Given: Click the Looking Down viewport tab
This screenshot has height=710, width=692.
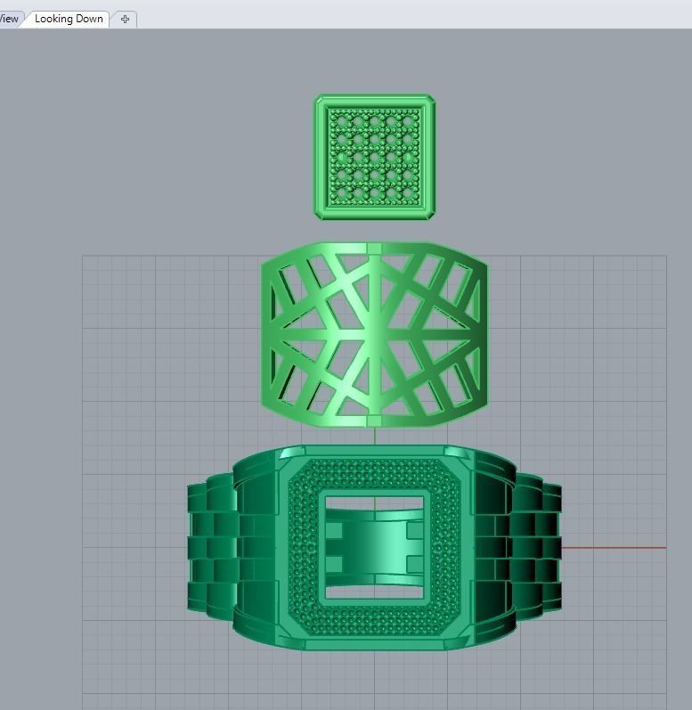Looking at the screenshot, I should click(x=69, y=19).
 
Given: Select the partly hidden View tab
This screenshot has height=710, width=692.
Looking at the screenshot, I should click(x=9, y=19).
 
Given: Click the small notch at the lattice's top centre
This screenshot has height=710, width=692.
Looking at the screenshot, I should click(x=375, y=245).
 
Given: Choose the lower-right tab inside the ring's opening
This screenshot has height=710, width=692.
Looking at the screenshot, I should click(x=414, y=564).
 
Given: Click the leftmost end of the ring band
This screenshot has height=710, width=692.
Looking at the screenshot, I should click(x=191, y=548).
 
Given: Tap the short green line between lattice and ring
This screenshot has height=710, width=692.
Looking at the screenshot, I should click(x=375, y=436).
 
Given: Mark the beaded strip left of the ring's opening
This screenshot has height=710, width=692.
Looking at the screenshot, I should click(x=302, y=548).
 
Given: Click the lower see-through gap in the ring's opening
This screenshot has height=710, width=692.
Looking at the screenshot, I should click(x=374, y=592).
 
